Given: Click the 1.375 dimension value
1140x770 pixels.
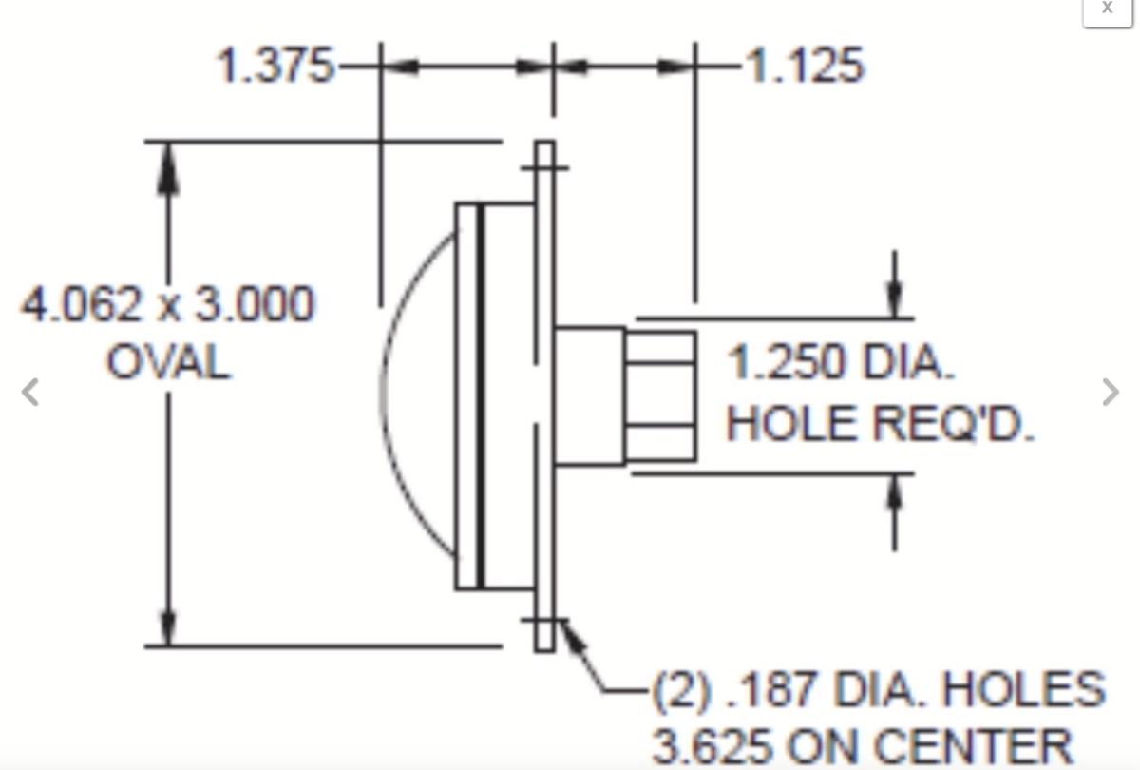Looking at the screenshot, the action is [275, 67].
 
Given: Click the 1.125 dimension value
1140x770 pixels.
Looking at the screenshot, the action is [806, 67].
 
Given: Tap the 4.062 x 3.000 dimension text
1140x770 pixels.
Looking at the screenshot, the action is [167, 306].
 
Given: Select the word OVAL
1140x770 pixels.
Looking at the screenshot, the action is [168, 363].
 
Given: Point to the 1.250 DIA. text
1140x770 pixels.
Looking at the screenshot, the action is [841, 363].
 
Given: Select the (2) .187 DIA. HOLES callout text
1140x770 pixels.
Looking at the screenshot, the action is [879, 690].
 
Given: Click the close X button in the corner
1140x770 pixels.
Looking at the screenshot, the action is [1107, 9].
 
